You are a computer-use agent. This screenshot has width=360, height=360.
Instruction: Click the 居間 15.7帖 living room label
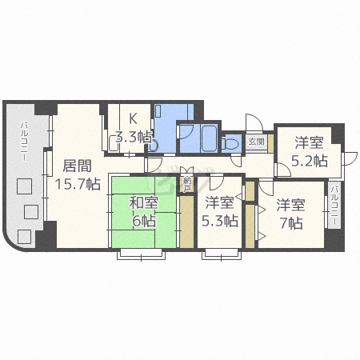coord(77,175)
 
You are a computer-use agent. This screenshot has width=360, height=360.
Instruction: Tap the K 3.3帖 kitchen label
coord(133,128)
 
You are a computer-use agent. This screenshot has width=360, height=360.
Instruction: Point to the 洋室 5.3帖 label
coord(220,212)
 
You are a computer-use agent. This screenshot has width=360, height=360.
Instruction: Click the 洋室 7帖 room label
coord(290,214)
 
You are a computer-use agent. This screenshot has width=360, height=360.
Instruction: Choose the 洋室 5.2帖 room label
coord(309,152)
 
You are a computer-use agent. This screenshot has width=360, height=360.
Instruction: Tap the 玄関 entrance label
coord(256,142)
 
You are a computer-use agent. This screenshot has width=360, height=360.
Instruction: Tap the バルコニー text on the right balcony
coord(334,205)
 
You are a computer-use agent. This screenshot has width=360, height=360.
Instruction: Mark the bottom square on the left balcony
coord(24,237)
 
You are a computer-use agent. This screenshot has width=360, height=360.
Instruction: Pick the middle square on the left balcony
coord(31,212)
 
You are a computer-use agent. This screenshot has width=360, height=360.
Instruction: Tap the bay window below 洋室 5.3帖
coord(220,255)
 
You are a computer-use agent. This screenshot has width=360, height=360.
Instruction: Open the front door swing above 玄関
coord(254,124)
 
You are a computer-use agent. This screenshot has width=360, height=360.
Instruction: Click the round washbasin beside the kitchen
coord(152,145)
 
